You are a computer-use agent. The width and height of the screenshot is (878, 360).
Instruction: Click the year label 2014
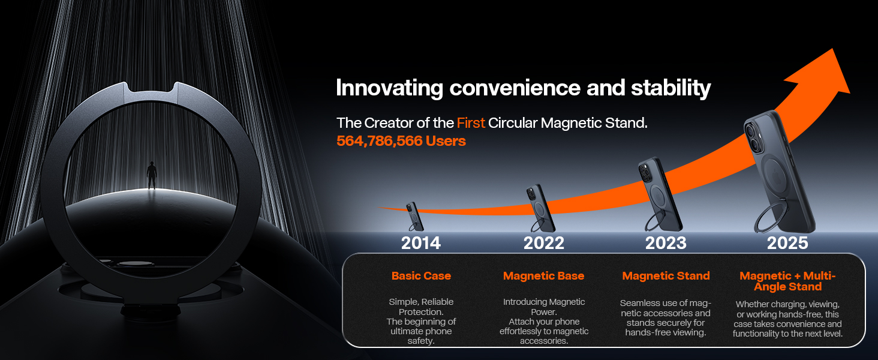[420, 243]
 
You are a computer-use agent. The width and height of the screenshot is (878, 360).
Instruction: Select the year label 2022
[544, 243]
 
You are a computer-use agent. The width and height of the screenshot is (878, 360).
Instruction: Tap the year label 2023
[666, 243]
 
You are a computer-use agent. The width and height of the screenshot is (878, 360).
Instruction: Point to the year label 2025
[787, 243]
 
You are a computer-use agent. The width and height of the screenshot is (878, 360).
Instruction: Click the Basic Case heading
[421, 275]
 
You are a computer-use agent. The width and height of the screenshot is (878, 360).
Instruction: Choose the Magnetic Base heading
[544, 275]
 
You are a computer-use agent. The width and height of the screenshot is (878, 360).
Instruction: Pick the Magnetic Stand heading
[666, 275]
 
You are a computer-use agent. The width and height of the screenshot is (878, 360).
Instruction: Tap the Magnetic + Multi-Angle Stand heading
[787, 281]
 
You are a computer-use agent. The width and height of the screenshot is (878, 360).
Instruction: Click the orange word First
[471, 123]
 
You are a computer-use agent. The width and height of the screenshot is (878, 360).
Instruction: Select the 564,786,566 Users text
[401, 141]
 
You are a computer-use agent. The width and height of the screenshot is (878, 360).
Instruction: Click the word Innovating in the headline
[389, 88]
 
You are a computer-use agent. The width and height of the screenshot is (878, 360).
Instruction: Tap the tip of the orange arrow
[832, 49]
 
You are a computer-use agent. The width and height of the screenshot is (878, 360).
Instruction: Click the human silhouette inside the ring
[152, 175]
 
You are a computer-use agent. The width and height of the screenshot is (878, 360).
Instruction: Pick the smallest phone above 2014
[414, 217]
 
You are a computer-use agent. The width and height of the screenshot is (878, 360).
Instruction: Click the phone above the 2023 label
[660, 194]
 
